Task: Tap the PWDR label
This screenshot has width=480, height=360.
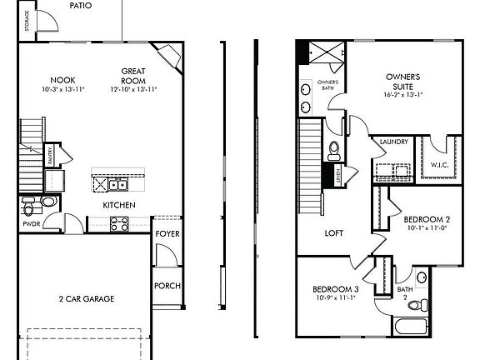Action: click(x=31, y=223)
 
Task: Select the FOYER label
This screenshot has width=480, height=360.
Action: click(x=167, y=234)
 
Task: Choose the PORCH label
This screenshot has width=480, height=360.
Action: click(x=167, y=286)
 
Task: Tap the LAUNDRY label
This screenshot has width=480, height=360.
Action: click(x=394, y=142)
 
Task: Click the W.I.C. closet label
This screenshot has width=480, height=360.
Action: click(x=440, y=166)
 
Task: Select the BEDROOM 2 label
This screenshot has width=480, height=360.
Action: click(x=427, y=220)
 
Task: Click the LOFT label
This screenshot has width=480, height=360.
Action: click(x=333, y=233)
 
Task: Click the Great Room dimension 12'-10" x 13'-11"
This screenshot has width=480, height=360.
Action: click(x=134, y=88)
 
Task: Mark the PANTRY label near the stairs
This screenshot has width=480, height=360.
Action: click(x=49, y=153)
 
